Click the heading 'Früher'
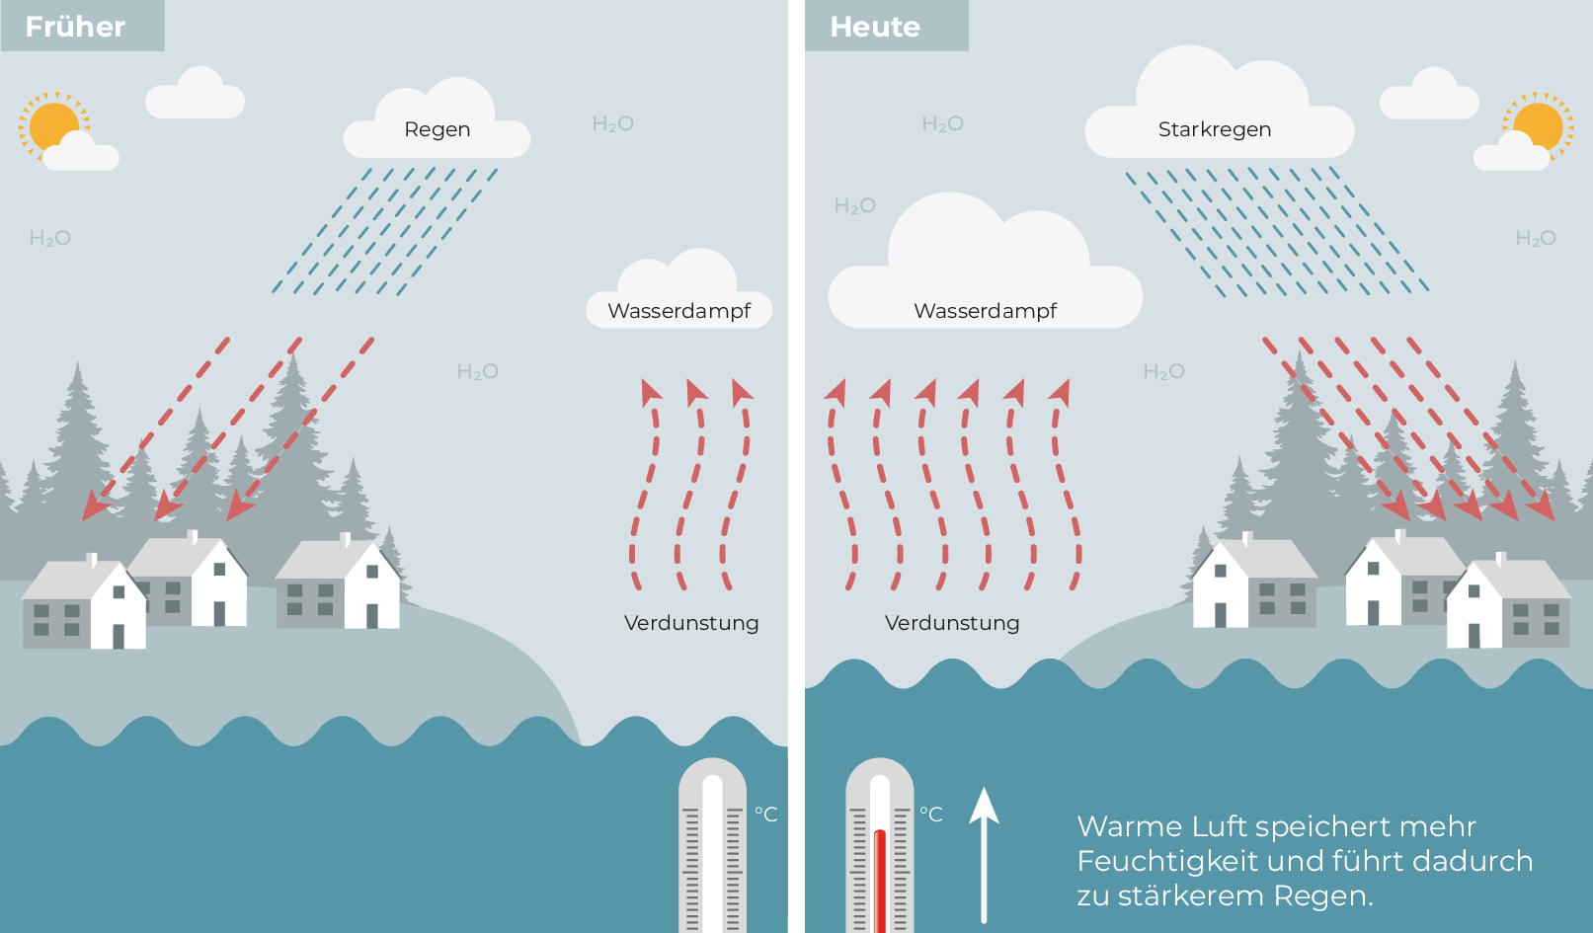(x=75, y=27)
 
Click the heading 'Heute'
(x=875, y=27)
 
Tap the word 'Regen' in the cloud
(x=438, y=130)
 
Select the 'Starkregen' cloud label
(x=1215, y=129)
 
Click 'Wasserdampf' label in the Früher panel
(x=679, y=311)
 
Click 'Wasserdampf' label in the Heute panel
(x=985, y=311)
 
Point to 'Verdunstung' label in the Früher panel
(x=691, y=623)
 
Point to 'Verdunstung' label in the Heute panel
(x=951, y=623)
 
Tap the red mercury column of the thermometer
(x=880, y=881)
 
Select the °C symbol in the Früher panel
(x=766, y=815)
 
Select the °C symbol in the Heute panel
(x=931, y=815)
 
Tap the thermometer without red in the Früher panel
(x=713, y=846)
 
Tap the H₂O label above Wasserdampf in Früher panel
(x=613, y=124)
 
